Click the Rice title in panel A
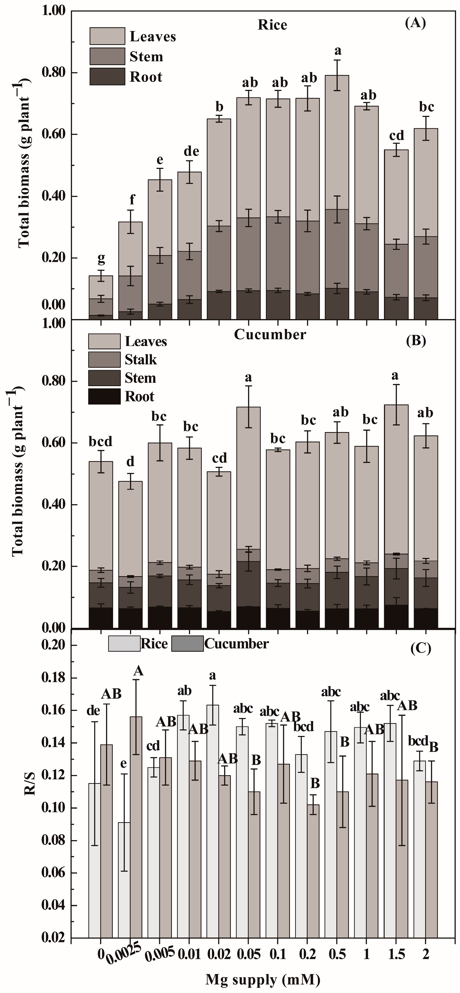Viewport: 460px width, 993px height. point(272,25)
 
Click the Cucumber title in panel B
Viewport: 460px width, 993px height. point(270,335)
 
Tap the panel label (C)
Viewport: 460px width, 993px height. point(420,648)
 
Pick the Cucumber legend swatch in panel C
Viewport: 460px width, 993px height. point(187,644)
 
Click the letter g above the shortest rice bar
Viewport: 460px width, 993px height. point(101,258)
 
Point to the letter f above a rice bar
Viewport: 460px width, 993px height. point(132,200)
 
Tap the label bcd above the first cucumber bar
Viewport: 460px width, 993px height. point(101,441)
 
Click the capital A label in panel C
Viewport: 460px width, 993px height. point(138,671)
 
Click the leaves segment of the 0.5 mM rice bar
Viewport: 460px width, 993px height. point(337,142)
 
